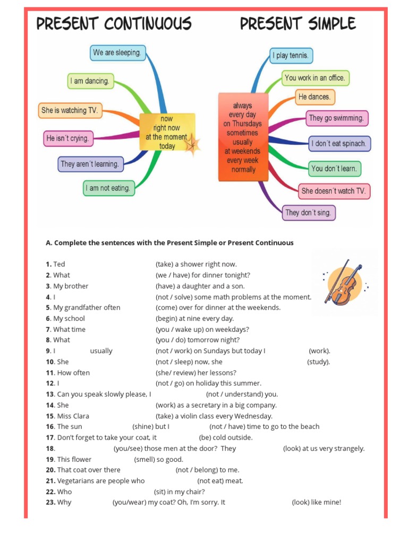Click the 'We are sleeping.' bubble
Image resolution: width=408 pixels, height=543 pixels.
[117, 52]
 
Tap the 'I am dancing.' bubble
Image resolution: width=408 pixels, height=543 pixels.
[91, 81]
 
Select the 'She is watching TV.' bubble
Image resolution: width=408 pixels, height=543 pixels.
[70, 110]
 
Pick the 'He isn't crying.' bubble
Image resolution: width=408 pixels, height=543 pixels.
[67, 138]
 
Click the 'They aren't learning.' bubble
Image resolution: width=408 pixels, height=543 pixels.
[90, 164]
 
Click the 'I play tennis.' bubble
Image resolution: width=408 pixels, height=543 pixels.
[291, 55]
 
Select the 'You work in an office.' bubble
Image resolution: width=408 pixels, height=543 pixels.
[315, 78]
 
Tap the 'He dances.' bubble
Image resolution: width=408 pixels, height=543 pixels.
[314, 97]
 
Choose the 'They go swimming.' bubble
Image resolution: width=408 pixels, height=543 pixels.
[337, 118]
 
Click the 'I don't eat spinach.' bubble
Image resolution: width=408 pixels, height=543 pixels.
[339, 144]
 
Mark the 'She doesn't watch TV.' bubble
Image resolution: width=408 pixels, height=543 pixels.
[334, 191]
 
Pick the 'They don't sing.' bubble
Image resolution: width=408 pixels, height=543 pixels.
[308, 213]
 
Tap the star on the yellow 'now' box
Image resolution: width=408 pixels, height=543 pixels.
[192, 143]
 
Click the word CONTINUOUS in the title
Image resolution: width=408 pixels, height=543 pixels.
[147, 24]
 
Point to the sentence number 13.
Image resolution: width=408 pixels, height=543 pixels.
[50, 394]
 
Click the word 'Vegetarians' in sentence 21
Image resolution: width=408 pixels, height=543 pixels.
[74, 480]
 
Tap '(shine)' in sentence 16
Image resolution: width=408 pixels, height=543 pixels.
[142, 426]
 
